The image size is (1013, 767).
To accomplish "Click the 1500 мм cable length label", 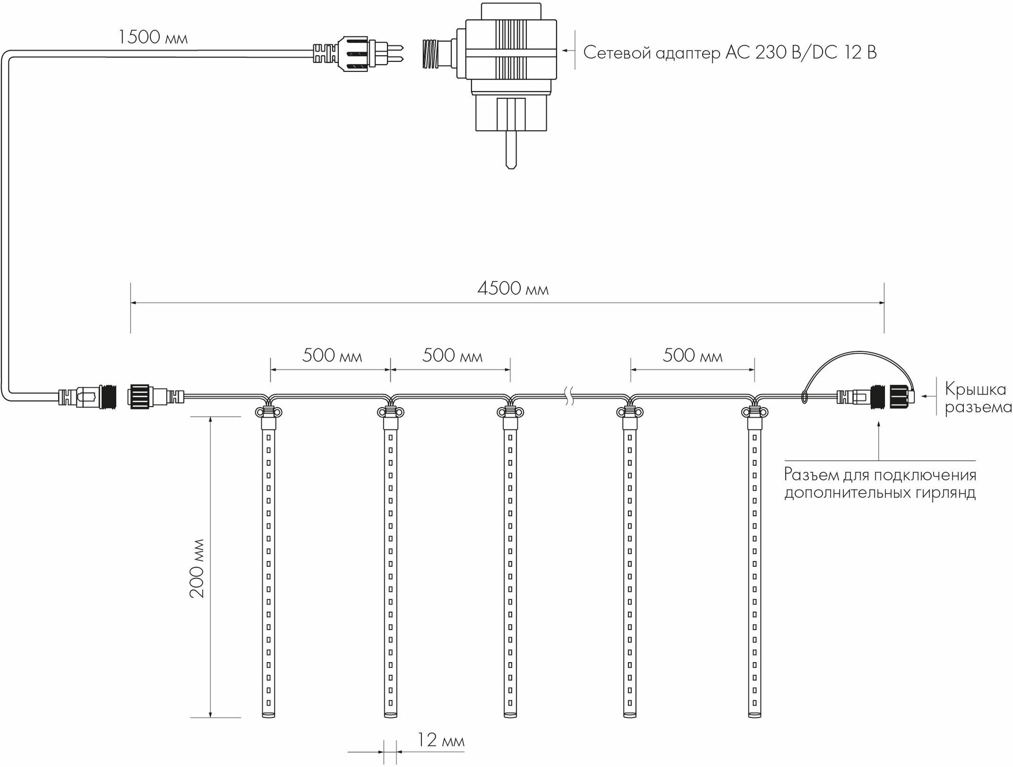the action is pos(153,38).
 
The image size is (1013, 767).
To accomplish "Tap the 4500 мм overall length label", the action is pos(513,289).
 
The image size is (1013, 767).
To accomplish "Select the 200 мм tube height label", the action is pos(198,568).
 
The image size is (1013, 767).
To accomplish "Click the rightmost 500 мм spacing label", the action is pos(692,356).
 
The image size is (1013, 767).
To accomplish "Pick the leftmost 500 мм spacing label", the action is pos(332,356).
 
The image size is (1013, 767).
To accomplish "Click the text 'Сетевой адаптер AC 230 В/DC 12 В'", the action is pos(730,53).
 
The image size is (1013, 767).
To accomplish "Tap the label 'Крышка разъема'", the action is pos(978,398).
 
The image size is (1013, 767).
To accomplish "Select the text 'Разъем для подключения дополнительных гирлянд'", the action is pos(880,483).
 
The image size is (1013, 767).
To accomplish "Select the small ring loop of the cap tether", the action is pos(804,396).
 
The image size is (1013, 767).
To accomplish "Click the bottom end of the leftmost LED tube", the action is pos(268,714).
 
